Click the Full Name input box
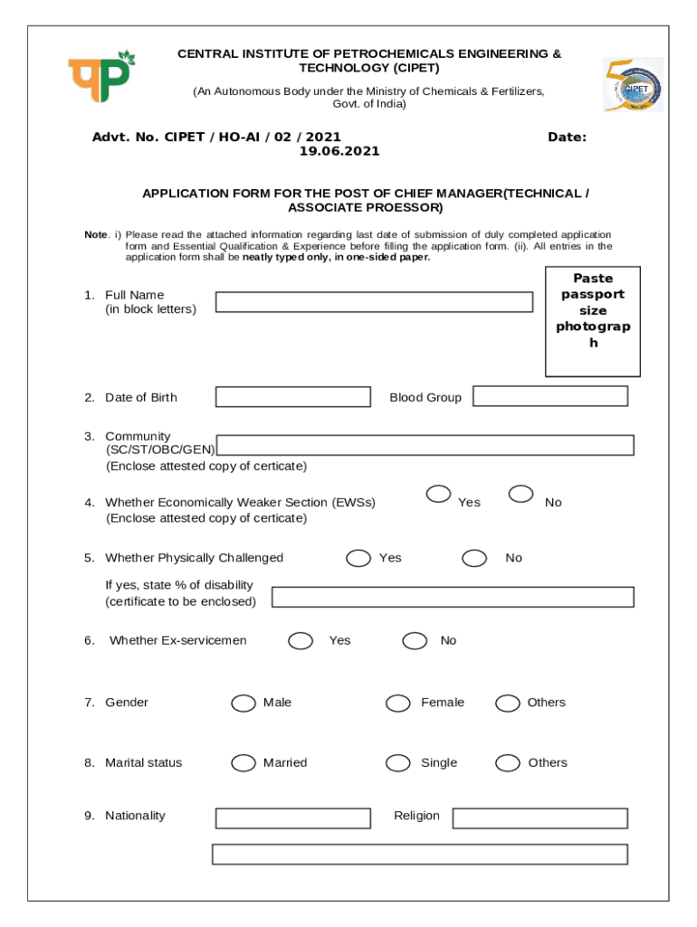click(374, 302)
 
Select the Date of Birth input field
click(292, 397)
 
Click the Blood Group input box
click(549, 396)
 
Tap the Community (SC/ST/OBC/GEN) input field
click(425, 445)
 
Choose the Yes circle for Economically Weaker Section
click(439, 493)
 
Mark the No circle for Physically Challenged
click(474, 558)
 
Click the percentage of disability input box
click(453, 597)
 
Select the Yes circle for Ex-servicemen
click(301, 641)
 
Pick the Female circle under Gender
click(397, 703)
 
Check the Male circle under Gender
click(243, 703)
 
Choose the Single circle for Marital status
click(397, 763)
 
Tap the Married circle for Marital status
click(243, 763)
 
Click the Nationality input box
click(292, 818)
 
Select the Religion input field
click(539, 818)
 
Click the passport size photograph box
click(592, 321)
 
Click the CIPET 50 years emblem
click(633, 85)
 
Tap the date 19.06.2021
click(339, 151)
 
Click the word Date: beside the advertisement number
click(567, 137)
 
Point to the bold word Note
click(96, 234)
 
